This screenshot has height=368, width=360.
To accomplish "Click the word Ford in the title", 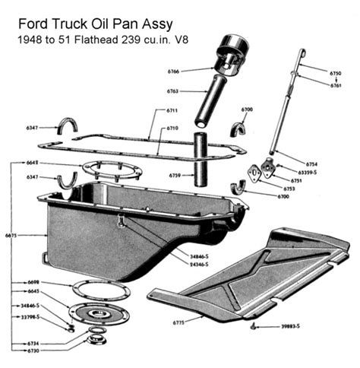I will coord(28,12).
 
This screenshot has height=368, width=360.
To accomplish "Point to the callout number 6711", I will coord(172,110).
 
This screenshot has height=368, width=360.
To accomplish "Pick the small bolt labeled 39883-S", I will coord(256,326).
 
